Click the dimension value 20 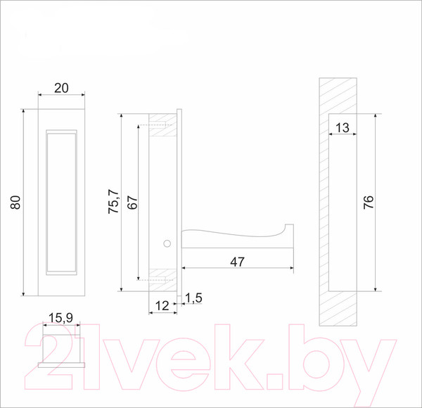coord(61,88)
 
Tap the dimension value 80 coord(15,203)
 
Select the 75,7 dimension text coord(113,202)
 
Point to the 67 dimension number coord(132,203)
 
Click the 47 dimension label coord(238,262)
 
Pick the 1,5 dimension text coord(193,298)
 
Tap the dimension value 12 coord(162,306)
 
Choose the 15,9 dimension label coord(60,318)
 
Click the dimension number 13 coord(343,127)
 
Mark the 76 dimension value coord(369,202)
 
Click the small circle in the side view coord(167,243)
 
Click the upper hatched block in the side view coord(163,125)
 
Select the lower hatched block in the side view coord(163,280)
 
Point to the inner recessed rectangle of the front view coord(61,203)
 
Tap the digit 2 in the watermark coord(49,357)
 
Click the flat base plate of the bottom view coord(61,365)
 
